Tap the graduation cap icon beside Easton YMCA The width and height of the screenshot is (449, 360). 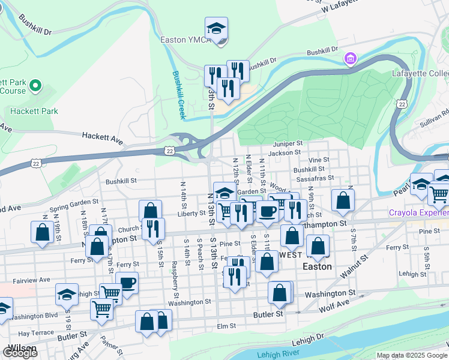coord(216,28)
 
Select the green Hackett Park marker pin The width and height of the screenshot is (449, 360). coord(35,86)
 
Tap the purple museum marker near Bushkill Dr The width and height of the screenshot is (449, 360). coord(350,59)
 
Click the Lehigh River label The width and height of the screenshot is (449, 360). coord(278,355)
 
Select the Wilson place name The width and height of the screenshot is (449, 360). coord(20,348)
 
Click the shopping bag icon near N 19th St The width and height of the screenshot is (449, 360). coord(42,233)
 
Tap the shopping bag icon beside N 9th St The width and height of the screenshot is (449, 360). coord(342,200)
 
